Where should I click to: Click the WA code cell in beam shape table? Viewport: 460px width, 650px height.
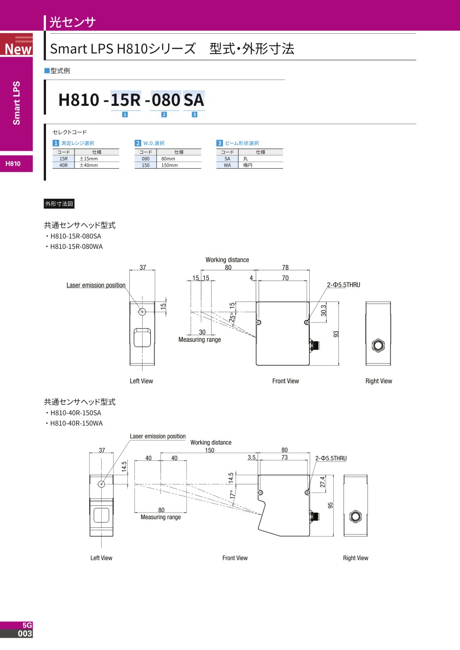[227, 165]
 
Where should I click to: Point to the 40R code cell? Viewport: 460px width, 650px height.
[63, 165]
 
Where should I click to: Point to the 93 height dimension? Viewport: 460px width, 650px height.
[336, 334]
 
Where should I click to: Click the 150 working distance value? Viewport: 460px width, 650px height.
[210, 451]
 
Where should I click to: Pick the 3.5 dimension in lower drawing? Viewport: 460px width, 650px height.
[251, 458]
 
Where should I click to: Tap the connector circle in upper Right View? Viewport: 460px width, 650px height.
[378, 345]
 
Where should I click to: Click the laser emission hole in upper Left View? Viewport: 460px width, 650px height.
[142, 312]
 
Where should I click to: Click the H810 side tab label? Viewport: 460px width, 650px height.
[13, 164]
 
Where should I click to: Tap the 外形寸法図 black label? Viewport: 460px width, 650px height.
[59, 204]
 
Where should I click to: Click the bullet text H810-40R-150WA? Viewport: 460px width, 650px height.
[77, 423]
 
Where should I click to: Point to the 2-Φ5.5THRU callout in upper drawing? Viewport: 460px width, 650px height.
[343, 285]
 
